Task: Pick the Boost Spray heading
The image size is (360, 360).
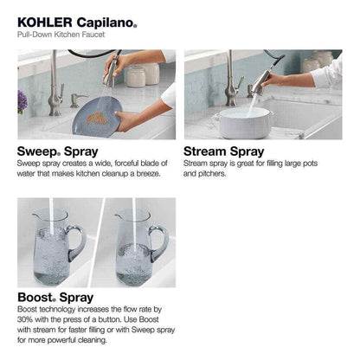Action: (56, 298)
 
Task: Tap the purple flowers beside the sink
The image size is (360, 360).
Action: (22, 100)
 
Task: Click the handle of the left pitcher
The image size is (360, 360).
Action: (79, 241)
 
